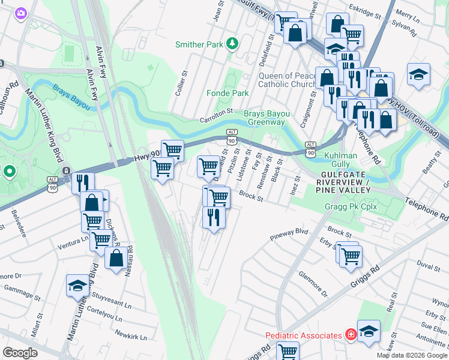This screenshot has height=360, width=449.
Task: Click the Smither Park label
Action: [198, 44]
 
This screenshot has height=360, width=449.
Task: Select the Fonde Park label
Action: [227, 93]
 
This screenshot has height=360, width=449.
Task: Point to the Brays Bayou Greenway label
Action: [264, 118]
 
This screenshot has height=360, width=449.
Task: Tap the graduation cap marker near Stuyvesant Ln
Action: [77, 286]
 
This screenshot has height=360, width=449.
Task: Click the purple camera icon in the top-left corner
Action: [21, 13]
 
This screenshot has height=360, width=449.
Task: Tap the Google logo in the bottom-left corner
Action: [20, 352]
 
